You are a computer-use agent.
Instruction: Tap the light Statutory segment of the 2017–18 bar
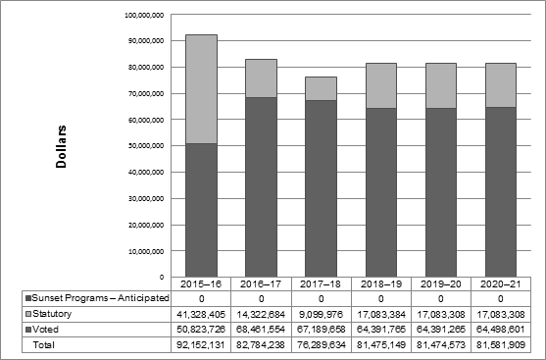(321, 88)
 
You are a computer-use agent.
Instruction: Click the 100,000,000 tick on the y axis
(144, 16)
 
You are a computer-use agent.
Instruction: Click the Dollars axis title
(61, 146)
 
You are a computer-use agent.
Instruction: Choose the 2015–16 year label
(200, 283)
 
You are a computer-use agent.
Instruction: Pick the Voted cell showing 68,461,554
(260, 330)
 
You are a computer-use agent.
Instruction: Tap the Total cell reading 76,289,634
(321, 345)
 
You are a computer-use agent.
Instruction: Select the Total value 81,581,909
(500, 345)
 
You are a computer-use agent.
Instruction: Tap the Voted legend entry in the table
(49, 330)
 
